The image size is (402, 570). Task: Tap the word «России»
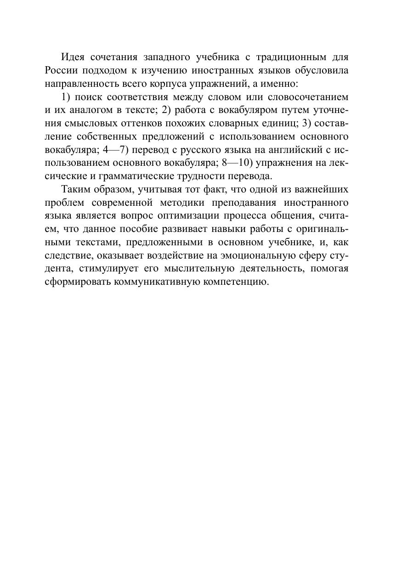(62, 71)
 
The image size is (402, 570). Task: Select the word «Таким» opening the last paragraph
(76, 190)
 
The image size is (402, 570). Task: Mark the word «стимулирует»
(111, 269)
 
